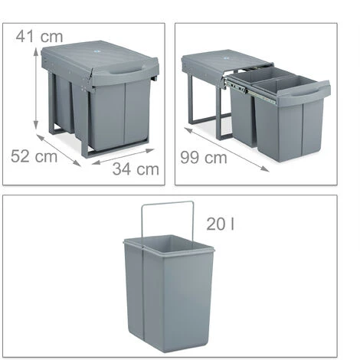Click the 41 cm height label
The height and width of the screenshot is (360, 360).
coord(39,37)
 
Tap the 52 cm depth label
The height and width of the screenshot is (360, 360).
coord(34,156)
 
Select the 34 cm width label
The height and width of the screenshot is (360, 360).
coord(136,169)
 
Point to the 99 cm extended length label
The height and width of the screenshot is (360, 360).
coord(204,157)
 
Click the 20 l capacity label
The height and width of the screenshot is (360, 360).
coord(220,224)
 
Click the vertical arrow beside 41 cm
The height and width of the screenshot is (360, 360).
coord(36,89)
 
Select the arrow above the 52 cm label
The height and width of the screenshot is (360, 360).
coord(59,151)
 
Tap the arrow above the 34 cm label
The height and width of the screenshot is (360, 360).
coord(123,156)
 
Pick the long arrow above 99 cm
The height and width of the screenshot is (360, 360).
coord(226,149)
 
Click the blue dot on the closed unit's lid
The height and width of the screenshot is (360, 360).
coord(97,51)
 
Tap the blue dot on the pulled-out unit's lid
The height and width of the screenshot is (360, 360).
coord(226,58)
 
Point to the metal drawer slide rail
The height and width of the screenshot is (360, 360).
coord(250,91)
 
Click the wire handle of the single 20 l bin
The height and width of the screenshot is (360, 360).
coord(167,222)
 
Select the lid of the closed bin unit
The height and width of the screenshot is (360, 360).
coord(100,62)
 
